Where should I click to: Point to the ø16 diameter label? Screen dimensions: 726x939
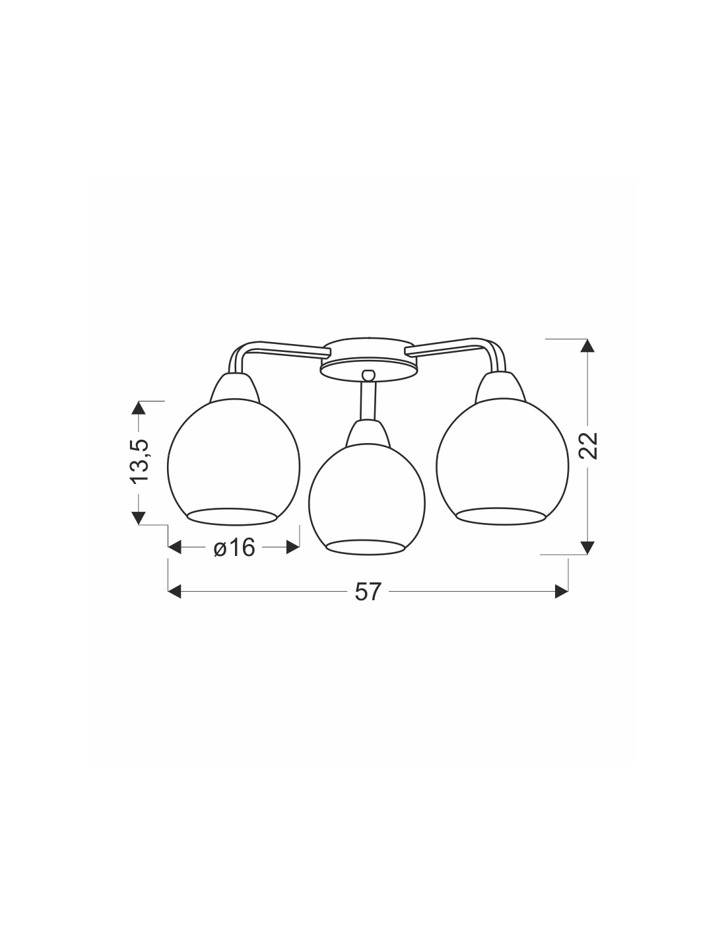click(x=234, y=548)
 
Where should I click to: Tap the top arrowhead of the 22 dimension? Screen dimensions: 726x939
click(x=588, y=346)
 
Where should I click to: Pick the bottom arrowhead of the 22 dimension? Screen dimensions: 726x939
click(x=588, y=547)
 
